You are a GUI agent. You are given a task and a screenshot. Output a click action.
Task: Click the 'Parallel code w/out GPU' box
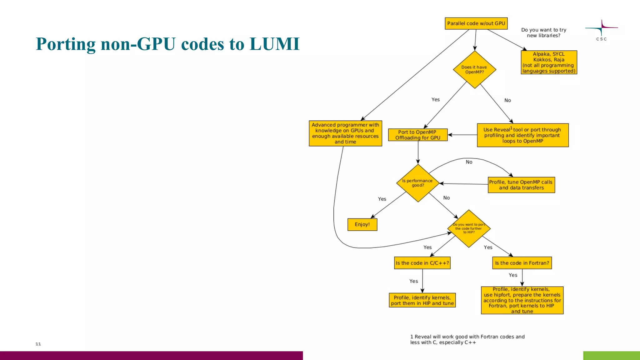[476, 23]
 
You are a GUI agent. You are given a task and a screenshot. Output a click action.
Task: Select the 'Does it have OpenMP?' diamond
[474, 69]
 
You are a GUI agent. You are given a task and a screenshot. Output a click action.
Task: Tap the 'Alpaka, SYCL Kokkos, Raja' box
[549, 62]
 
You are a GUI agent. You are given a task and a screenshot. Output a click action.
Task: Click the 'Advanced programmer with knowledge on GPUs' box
[345, 133]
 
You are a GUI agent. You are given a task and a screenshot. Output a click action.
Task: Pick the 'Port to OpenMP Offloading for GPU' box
[418, 135]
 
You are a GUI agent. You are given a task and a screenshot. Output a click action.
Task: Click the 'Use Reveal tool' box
[522, 135]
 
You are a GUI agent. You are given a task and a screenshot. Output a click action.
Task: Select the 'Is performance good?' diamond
[418, 183]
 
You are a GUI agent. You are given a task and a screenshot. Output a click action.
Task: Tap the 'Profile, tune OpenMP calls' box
[521, 185]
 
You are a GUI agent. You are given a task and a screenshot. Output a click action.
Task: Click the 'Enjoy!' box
[362, 224]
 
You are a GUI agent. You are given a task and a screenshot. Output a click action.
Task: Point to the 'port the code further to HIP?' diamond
[469, 228]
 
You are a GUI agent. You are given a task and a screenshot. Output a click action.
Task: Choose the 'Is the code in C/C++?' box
[422, 263]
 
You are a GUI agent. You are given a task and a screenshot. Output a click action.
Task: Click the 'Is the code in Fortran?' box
[522, 263]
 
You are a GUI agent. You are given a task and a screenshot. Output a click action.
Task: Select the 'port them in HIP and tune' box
[422, 300]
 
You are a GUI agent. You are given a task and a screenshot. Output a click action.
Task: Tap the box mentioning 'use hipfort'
[522, 300]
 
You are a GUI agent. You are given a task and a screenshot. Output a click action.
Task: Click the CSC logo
[601, 30]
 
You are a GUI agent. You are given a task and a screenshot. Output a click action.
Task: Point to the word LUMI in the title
[275, 44]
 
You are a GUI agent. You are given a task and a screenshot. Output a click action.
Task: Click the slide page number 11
[38, 344]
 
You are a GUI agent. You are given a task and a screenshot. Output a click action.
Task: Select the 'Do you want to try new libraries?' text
[543, 32]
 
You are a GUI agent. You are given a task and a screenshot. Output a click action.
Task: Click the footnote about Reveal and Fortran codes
[467, 339]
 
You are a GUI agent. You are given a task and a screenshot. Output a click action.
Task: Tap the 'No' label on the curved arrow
[469, 162]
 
